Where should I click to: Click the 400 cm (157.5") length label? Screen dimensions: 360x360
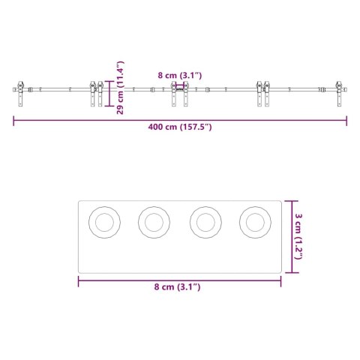pyautogui.click(x=180, y=127)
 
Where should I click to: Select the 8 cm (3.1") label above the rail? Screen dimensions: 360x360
pyautogui.click(x=180, y=75)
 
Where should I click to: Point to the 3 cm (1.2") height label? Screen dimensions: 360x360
pyautogui.click(x=298, y=236)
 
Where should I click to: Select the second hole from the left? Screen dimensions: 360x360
pyautogui.click(x=154, y=221)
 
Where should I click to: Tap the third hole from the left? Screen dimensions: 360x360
pyautogui.click(x=204, y=221)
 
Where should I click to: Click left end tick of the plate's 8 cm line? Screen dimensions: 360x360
pyautogui.click(x=79, y=281)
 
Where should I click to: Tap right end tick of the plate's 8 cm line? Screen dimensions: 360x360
pyautogui.click(x=281, y=281)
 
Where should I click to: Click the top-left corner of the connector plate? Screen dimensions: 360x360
pyautogui.click(x=79, y=201)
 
